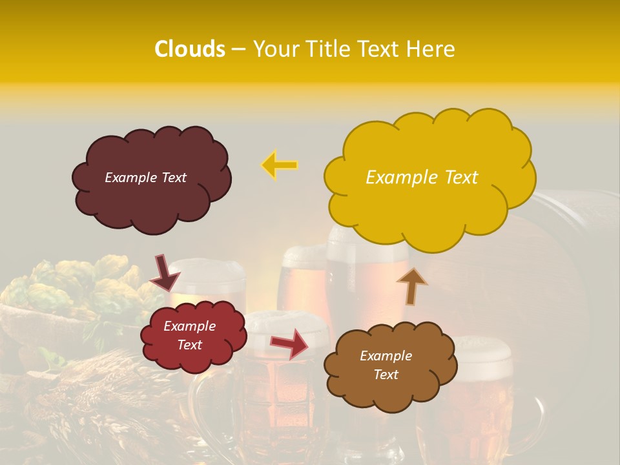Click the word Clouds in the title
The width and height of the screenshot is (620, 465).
coord(190,49)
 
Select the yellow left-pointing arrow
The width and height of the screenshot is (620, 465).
coord(279,165)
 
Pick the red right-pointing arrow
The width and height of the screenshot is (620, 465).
coord(289,343)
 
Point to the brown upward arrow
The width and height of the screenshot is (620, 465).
coord(411,285)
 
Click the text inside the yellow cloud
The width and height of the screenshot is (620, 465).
coord(422,178)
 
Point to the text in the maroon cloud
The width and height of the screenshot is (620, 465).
coord(145,178)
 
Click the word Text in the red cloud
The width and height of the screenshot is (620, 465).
coord(189,345)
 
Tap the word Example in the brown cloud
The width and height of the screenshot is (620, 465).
coord(386,356)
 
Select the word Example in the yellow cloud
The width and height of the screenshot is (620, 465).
coord(396,178)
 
